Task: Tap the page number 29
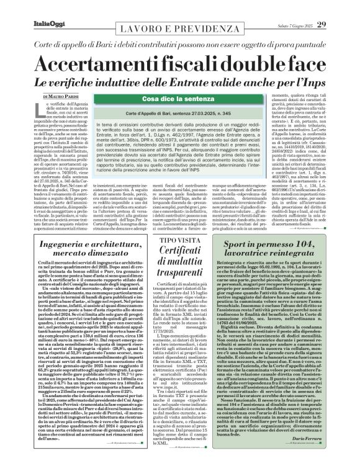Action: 340,7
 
